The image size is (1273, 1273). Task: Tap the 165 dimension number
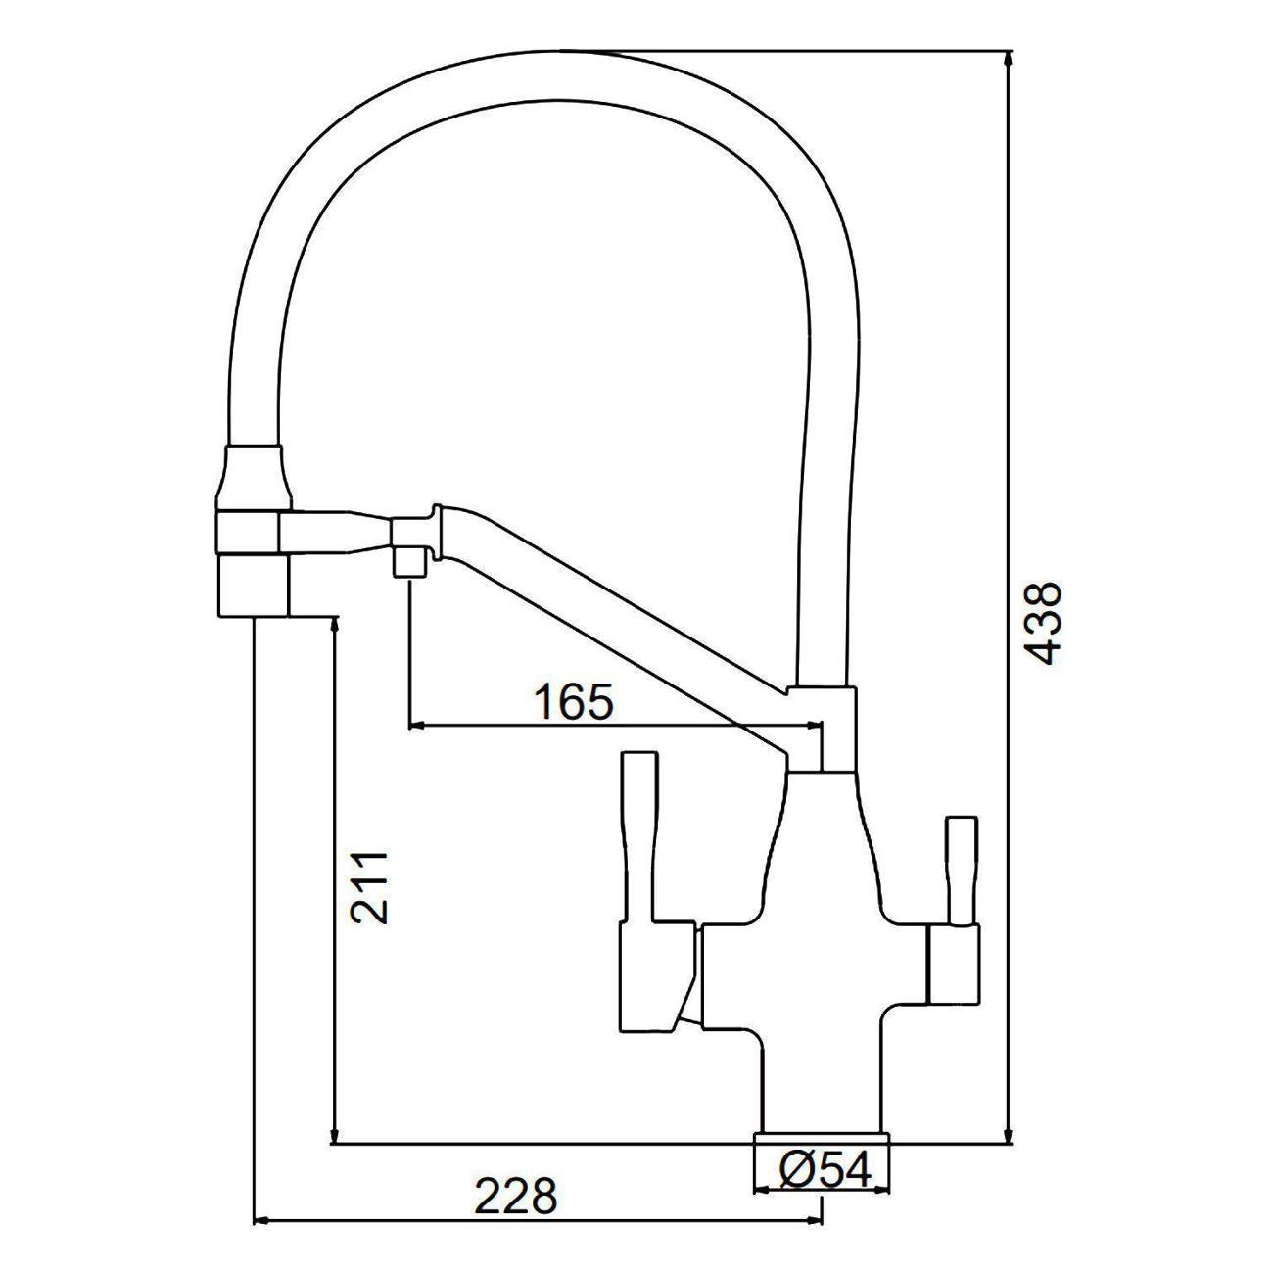[x=573, y=702]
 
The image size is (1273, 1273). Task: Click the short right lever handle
[x=961, y=871]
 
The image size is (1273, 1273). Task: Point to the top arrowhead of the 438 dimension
[x=1008, y=61]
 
